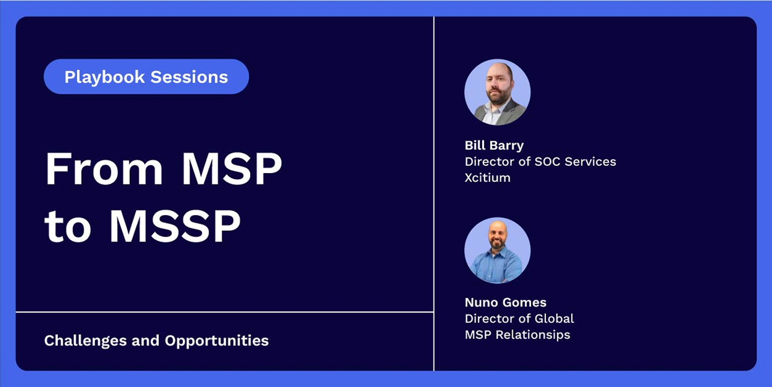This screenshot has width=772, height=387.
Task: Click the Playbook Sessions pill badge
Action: click(146, 77)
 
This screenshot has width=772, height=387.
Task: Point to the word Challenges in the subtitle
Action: click(86, 341)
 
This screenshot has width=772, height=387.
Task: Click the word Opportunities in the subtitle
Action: click(216, 341)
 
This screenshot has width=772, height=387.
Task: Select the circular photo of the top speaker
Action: click(497, 92)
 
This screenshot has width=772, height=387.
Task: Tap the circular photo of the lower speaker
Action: click(497, 251)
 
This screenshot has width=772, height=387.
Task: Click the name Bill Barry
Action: click(494, 145)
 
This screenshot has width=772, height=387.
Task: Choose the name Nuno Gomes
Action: click(506, 302)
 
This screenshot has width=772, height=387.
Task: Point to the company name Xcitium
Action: click(488, 177)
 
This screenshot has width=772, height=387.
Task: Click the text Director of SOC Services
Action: click(540, 162)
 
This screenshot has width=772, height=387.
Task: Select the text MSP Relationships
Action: click(517, 335)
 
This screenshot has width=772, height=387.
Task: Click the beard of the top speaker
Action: click(498, 98)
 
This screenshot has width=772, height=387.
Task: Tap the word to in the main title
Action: click(67, 227)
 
